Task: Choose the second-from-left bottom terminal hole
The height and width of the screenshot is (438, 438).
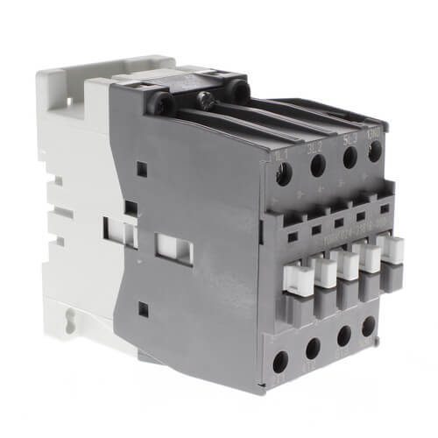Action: coord(313,351)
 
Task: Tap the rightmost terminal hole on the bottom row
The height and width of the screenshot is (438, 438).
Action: coord(369,327)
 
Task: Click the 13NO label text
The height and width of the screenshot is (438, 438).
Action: coord(375,133)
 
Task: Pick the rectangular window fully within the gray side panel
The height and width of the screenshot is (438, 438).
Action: coord(174,249)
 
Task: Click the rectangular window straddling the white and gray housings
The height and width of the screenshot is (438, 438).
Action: coord(122,232)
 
